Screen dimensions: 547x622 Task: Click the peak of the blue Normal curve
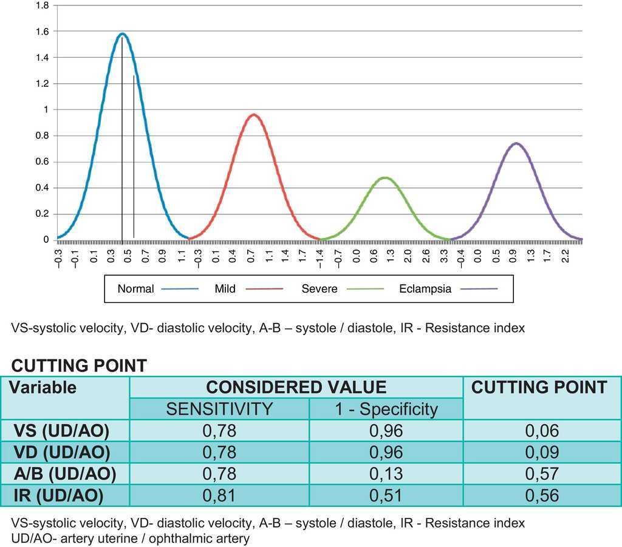122,34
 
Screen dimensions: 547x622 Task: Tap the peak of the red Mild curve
254,115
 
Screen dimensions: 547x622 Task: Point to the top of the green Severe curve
385,178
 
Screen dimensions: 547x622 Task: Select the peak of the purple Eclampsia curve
516,144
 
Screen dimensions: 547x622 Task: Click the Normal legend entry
136,289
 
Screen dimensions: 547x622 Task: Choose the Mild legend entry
225,289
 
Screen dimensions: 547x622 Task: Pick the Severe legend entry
320,289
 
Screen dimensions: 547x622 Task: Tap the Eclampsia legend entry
425,289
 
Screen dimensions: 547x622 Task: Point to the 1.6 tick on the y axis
41,31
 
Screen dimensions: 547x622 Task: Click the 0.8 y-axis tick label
41,135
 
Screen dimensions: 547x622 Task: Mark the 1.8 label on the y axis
41,5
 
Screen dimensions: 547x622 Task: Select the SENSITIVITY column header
219,409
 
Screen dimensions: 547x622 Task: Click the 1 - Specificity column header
386,409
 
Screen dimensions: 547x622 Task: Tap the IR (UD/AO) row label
58,495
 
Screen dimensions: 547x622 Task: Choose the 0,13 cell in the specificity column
386,474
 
